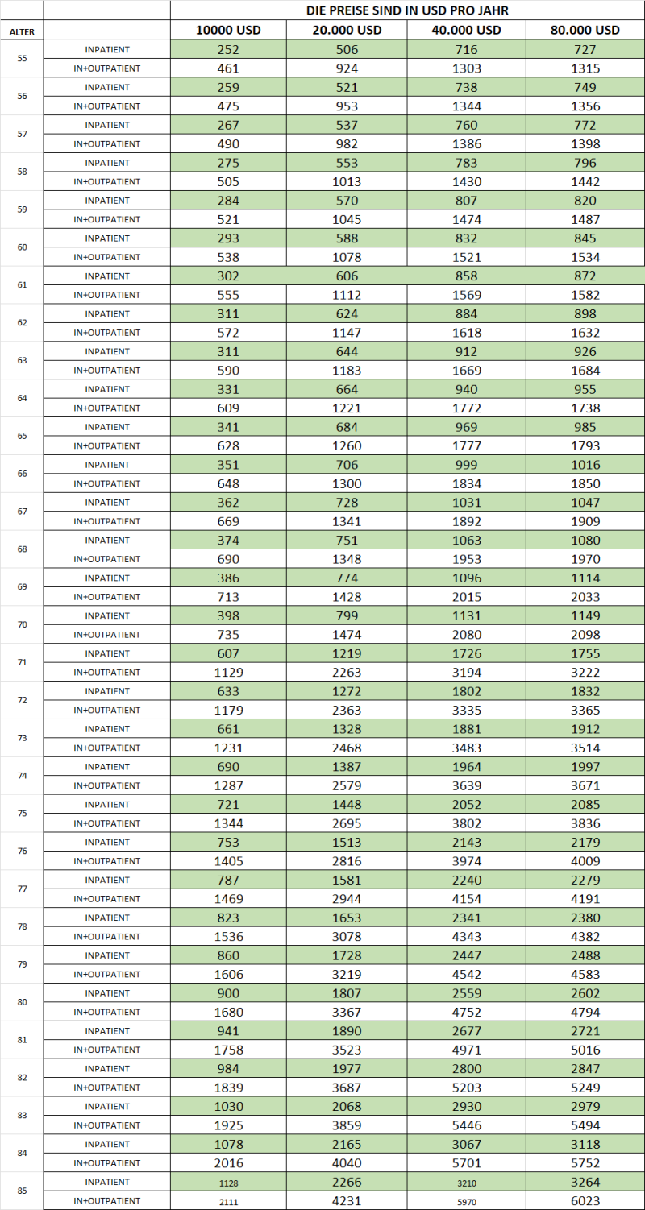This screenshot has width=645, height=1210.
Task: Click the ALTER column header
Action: [22, 31]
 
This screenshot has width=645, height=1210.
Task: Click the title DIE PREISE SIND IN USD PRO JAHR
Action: [407, 10]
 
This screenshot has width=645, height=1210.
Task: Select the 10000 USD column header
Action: [229, 31]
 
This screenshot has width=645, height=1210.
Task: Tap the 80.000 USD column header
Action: [585, 31]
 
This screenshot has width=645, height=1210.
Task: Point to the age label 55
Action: [22, 59]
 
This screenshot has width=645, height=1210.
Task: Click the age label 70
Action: [22, 625]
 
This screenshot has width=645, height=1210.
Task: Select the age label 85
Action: [22, 1191]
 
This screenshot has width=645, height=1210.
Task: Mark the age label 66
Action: [22, 474]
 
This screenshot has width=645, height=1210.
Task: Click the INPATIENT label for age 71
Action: [107, 653]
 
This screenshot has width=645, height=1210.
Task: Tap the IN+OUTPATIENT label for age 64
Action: [107, 408]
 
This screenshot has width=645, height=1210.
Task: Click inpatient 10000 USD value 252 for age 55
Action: [229, 49]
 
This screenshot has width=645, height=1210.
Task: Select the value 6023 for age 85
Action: [585, 1201]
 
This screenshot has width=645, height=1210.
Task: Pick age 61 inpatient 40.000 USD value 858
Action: [467, 276]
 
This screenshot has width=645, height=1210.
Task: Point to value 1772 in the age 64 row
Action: [467, 408]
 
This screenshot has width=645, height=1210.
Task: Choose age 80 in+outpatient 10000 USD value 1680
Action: [229, 1012]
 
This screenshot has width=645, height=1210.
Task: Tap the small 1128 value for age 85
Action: [229, 1183]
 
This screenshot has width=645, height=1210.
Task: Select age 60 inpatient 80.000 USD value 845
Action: [585, 238]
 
